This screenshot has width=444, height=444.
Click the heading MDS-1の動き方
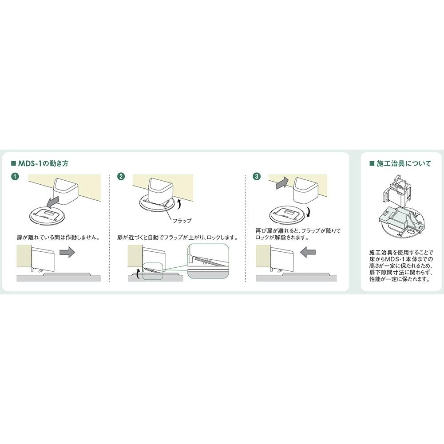[42, 163]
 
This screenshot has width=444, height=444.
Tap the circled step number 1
[16, 177]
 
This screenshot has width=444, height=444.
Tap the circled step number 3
[256, 177]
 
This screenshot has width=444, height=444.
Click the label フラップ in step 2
[182, 220]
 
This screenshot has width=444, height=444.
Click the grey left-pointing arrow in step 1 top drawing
[57, 202]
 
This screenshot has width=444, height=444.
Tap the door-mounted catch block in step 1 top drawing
[66, 188]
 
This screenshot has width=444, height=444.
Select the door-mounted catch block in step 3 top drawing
[305, 188]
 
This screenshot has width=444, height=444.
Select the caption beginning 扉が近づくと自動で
[177, 238]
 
